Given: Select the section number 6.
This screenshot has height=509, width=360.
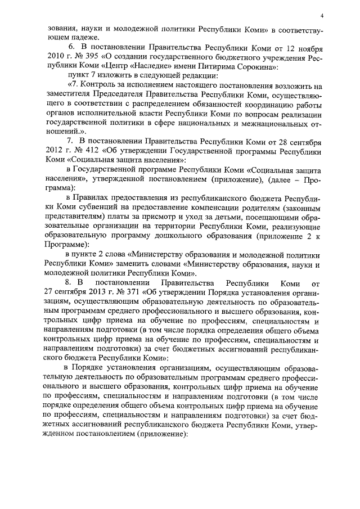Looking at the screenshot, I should click(70, 48).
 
